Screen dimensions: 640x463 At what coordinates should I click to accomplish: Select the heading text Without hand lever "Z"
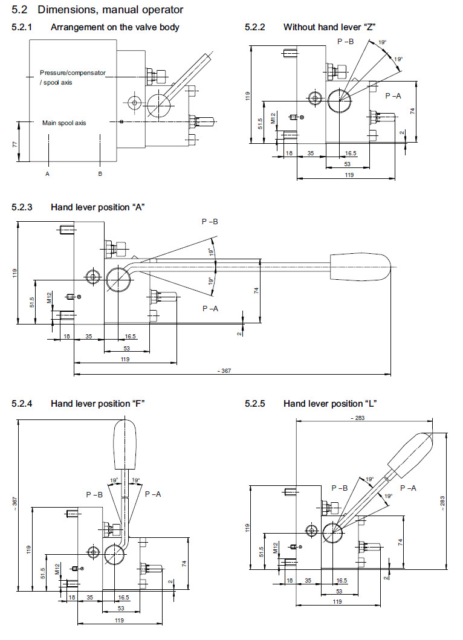[330, 27]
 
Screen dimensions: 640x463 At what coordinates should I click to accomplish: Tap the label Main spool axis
[64, 123]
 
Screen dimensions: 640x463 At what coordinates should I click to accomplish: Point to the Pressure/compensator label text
[73, 73]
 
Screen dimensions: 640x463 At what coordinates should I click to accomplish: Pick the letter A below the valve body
[47, 174]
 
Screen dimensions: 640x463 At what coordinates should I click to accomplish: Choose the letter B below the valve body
[100, 174]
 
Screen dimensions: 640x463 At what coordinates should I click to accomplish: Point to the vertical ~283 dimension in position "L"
[444, 501]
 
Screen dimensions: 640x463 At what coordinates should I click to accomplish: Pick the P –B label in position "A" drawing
[210, 222]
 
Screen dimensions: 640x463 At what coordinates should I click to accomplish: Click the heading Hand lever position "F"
[98, 403]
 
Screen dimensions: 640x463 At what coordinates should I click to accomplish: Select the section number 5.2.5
[255, 403]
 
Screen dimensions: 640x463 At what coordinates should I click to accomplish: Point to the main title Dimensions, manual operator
[111, 10]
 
